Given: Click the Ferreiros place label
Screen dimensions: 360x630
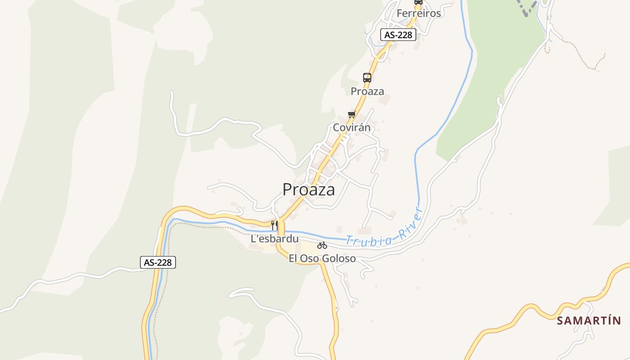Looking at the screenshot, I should click(418, 13).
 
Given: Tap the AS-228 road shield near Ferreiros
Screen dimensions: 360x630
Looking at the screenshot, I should click(398, 35).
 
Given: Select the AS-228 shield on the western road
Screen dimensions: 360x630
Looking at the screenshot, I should click(157, 262).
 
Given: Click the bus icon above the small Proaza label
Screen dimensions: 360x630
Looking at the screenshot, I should click(367, 77).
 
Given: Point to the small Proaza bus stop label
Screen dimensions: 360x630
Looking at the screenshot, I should click(367, 91).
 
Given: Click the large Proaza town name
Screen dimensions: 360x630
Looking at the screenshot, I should click(309, 189).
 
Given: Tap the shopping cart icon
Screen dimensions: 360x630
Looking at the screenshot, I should click(351, 114).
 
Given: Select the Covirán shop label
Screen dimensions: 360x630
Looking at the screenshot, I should click(351, 127).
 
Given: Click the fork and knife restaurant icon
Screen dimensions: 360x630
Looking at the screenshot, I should click(274, 225).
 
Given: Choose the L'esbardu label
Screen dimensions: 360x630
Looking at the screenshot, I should click(274, 239).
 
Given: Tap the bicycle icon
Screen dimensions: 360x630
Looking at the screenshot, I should click(322, 245).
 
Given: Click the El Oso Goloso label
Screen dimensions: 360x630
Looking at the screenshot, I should click(322, 259).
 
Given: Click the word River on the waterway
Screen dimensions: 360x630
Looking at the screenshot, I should click(410, 222).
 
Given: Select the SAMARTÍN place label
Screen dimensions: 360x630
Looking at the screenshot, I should click(589, 321).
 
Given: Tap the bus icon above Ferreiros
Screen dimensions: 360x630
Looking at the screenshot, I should click(418, 2).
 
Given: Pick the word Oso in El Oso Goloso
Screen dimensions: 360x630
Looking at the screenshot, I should click(309, 259).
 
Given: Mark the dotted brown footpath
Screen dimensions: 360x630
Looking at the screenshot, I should click(585, 58).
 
